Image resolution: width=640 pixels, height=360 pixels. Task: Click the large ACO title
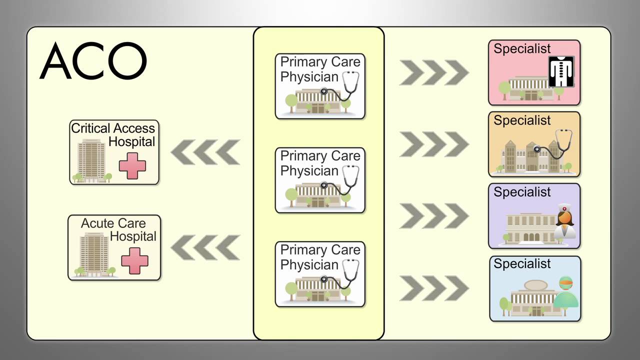pyautogui.click(x=93, y=61)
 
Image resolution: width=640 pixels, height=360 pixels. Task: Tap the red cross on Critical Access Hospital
pyautogui.click(x=132, y=166)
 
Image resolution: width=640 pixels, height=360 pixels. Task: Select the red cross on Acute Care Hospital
pyautogui.click(x=134, y=261)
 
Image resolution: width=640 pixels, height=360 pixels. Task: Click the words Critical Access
pyautogui.click(x=113, y=128)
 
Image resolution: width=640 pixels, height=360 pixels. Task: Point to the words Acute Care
pyautogui.click(x=113, y=223)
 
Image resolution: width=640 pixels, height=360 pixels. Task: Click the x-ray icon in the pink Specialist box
pyautogui.click(x=561, y=71)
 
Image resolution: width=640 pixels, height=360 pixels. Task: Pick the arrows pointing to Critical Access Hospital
pyautogui.click(x=205, y=152)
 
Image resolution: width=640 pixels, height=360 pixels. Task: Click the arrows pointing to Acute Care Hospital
pyautogui.click(x=205, y=247)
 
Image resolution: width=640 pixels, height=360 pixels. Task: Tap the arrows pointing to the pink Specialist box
pyautogui.click(x=434, y=72)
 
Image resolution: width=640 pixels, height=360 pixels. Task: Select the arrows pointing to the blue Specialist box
pyautogui.click(x=434, y=288)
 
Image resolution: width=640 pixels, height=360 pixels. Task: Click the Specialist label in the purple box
pyautogui.click(x=522, y=192)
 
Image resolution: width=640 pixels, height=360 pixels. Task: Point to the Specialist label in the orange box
pyautogui.click(x=522, y=120)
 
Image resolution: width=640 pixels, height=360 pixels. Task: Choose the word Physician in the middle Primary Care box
pyautogui.click(x=309, y=171)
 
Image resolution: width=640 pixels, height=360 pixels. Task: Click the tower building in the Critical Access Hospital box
pyautogui.click(x=91, y=160)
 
